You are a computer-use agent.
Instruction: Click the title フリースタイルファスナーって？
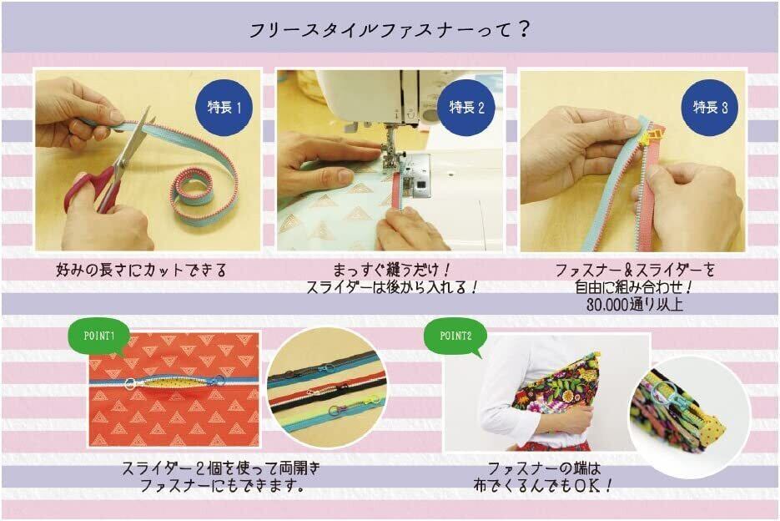tap(389, 30)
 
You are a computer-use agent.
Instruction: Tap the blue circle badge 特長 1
tap(224, 107)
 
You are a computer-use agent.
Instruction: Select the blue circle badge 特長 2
tap(466, 107)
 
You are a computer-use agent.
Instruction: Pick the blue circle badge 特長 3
tap(710, 107)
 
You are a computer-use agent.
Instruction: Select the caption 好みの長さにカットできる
tap(141, 271)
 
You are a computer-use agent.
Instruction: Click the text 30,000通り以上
tap(634, 305)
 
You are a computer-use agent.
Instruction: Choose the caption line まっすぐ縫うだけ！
tap(391, 271)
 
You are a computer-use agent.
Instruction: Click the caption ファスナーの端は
tap(544, 468)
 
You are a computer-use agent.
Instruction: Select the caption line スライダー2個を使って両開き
tap(221, 468)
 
